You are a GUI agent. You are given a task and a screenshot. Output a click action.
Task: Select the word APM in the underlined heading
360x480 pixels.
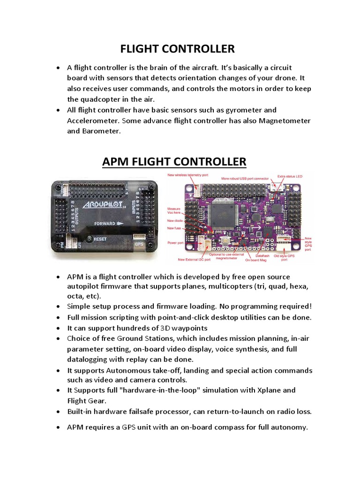point(115,162)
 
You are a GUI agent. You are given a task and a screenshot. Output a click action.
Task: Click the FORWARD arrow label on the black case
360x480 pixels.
point(109,223)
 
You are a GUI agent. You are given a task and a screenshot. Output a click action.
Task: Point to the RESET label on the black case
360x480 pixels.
point(100,239)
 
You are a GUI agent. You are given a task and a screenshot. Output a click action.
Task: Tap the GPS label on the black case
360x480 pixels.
point(139,244)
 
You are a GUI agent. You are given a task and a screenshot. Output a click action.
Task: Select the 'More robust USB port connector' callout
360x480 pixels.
point(246,179)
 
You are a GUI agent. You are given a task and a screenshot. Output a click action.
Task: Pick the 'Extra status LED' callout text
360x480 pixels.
point(290,176)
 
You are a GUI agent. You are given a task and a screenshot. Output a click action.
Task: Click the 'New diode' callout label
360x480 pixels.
point(175,220)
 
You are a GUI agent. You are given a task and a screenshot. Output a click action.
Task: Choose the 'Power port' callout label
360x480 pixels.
point(176,243)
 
